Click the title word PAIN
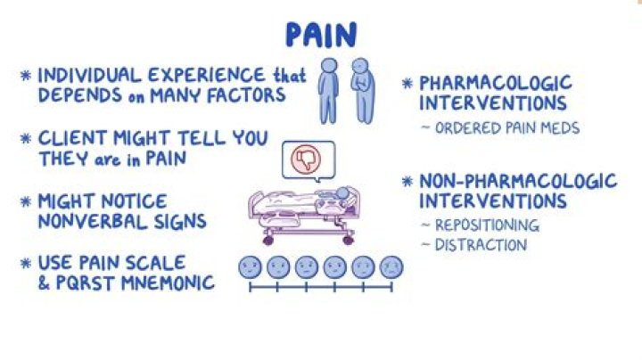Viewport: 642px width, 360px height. click(321, 35)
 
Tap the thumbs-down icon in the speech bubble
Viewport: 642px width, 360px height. click(306, 160)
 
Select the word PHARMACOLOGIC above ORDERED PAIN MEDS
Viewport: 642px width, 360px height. click(495, 83)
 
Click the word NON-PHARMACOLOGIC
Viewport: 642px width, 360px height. click(518, 181)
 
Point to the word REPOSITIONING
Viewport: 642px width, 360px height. click(487, 225)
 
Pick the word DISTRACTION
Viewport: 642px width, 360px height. click(481, 245)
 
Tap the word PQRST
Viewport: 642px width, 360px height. click(86, 282)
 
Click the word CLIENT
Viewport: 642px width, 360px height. click(72, 138)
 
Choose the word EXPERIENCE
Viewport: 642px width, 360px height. click(206, 75)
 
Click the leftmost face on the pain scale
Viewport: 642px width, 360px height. click(250, 267)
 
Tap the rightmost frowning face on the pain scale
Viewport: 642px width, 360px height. click(391, 267)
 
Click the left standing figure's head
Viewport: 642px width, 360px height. click(329, 65)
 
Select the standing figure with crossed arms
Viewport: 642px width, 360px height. click(362, 90)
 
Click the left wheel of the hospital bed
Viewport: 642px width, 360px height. click(268, 240)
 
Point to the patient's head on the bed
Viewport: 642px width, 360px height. click(342, 192)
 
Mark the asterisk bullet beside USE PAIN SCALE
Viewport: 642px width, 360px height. click(26, 263)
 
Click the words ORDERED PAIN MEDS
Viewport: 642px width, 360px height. click(507, 128)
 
